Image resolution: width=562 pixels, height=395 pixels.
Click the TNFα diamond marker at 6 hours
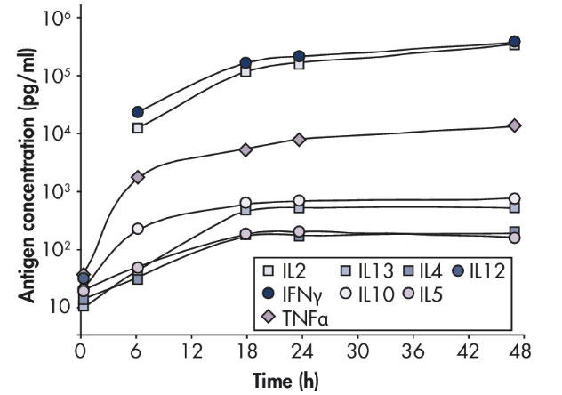[x=138, y=177]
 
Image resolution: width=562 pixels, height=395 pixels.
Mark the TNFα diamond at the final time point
[x=514, y=125]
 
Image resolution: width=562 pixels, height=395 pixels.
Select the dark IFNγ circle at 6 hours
[x=138, y=112]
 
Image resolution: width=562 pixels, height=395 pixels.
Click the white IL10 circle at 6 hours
[x=138, y=229]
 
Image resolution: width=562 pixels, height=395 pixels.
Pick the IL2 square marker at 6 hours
[x=138, y=128]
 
